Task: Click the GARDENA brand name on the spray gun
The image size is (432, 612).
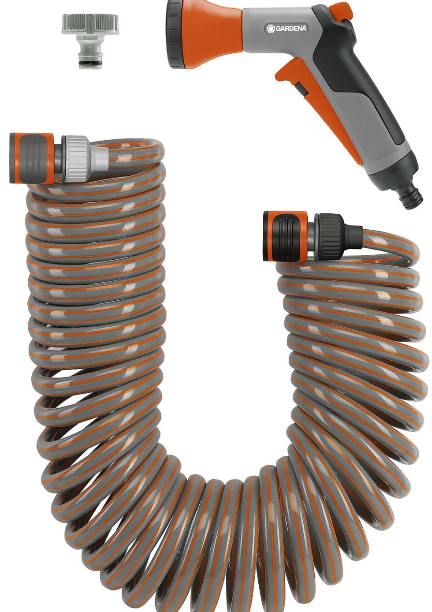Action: tap(290, 28)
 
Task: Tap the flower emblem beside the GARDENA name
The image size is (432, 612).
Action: tap(270, 28)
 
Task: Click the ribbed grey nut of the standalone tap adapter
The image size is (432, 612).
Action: tap(90, 24)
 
